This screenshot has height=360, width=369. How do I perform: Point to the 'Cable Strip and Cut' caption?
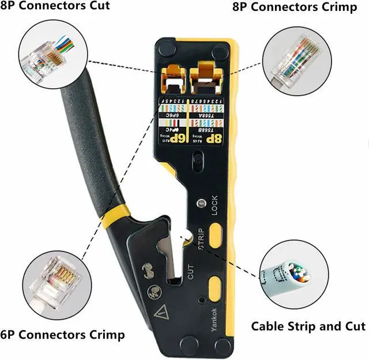pyautogui.click(x=308, y=327)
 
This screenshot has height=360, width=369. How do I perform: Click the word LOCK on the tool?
pyautogui.click(x=214, y=205)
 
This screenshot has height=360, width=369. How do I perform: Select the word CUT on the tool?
pyautogui.click(x=191, y=271)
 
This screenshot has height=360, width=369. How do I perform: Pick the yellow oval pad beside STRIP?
pyautogui.click(x=216, y=235)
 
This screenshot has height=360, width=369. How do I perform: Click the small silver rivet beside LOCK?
pyautogui.click(x=201, y=204)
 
